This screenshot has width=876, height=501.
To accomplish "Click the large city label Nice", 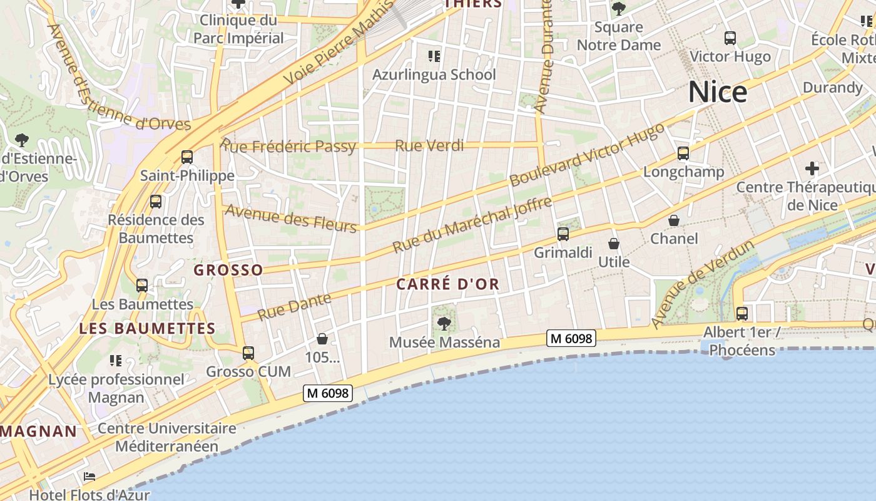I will pyautogui.click(x=718, y=92).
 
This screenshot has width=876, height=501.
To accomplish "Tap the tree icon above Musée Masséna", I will pyautogui.click(x=444, y=324).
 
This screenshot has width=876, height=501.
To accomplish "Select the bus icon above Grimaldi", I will pyautogui.click(x=563, y=234).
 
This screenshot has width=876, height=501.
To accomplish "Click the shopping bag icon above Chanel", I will pyautogui.click(x=674, y=220).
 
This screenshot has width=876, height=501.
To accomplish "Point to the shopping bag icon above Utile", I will pyautogui.click(x=614, y=244).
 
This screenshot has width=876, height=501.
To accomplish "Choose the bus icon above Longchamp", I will pyautogui.click(x=683, y=153).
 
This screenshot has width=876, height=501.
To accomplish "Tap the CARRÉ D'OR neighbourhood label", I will pyautogui.click(x=448, y=284).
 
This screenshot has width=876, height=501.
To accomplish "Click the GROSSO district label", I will pyautogui.click(x=228, y=270).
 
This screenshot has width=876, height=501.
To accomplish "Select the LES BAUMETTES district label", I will pyautogui.click(x=147, y=328).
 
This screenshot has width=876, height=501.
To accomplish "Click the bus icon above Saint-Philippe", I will pyautogui.click(x=186, y=157).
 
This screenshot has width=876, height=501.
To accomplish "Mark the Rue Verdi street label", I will pyautogui.click(x=429, y=146).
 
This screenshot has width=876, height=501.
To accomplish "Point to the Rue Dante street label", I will pyautogui.click(x=294, y=306).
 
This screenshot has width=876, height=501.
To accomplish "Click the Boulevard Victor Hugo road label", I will pyautogui.click(x=587, y=155).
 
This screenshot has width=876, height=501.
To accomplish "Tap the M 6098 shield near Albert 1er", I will pyautogui.click(x=571, y=338).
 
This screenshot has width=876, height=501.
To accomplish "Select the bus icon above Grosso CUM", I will pyautogui.click(x=248, y=353).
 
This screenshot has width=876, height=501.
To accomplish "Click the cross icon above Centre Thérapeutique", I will pyautogui.click(x=812, y=168).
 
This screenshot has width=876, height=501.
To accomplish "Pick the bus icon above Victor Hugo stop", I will pyautogui.click(x=730, y=38).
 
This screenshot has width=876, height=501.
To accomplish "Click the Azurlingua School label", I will pyautogui.click(x=434, y=75).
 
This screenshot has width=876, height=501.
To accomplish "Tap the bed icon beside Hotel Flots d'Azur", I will pyautogui.click(x=89, y=477).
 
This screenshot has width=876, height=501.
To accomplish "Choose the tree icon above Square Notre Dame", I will pyautogui.click(x=618, y=9).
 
